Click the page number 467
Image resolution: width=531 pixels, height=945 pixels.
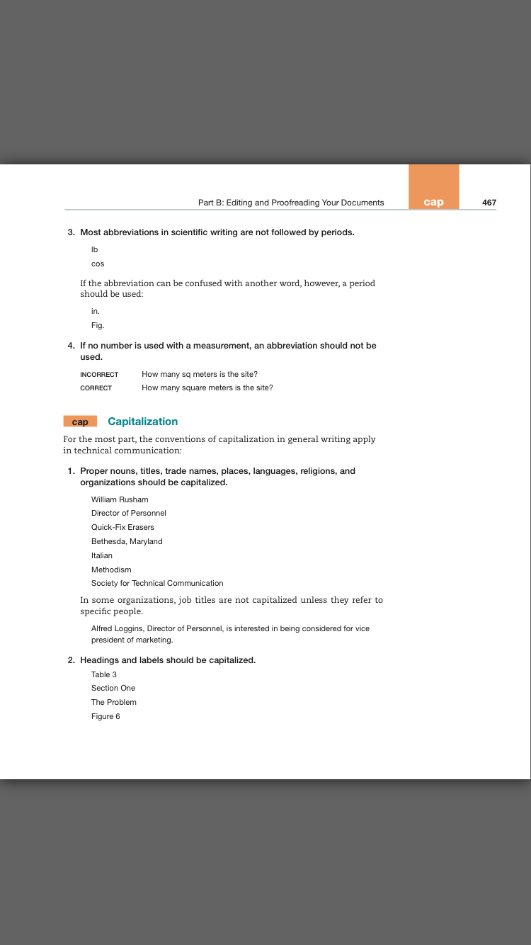489,203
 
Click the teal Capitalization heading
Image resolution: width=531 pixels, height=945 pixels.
142,421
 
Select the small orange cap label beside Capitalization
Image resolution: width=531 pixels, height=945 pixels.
80,421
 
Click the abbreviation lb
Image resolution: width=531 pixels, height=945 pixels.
94,250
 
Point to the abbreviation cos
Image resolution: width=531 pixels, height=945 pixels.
98,264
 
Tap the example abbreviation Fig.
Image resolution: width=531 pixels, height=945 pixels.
98,326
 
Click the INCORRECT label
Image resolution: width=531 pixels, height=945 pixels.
99,374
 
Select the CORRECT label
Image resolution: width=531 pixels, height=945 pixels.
96,388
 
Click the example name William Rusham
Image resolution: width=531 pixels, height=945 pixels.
120,499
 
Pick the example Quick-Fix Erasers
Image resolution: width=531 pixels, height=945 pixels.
122,527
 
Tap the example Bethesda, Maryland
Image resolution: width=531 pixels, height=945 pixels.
127,541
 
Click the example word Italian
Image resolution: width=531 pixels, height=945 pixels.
102,555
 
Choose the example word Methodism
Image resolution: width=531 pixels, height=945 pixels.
111,570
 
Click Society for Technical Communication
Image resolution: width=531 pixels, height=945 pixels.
157,583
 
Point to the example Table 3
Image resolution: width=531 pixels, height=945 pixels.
104,674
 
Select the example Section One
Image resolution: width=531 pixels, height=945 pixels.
113,688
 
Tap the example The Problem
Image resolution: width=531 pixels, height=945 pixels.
114,702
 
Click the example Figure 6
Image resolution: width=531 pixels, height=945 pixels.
105,716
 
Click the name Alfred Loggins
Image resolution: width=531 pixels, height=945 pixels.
117,628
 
